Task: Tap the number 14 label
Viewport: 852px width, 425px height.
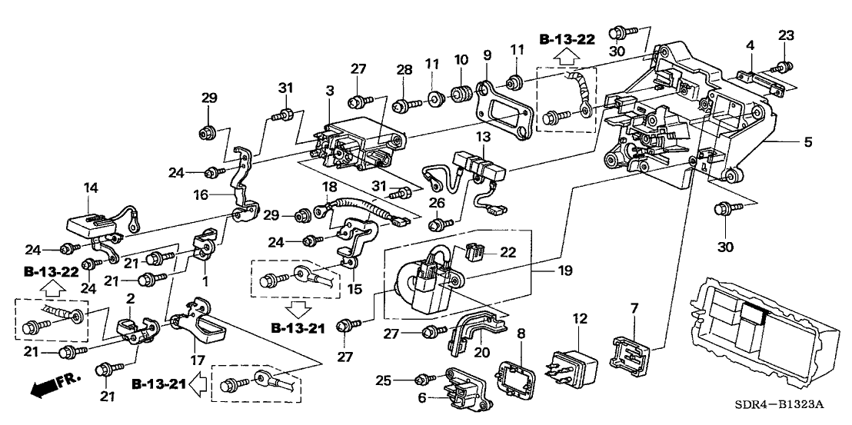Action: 91,187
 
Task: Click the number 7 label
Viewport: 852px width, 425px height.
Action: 634,308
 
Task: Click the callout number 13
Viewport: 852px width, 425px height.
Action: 482,136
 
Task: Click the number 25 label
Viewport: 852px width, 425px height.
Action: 404,379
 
